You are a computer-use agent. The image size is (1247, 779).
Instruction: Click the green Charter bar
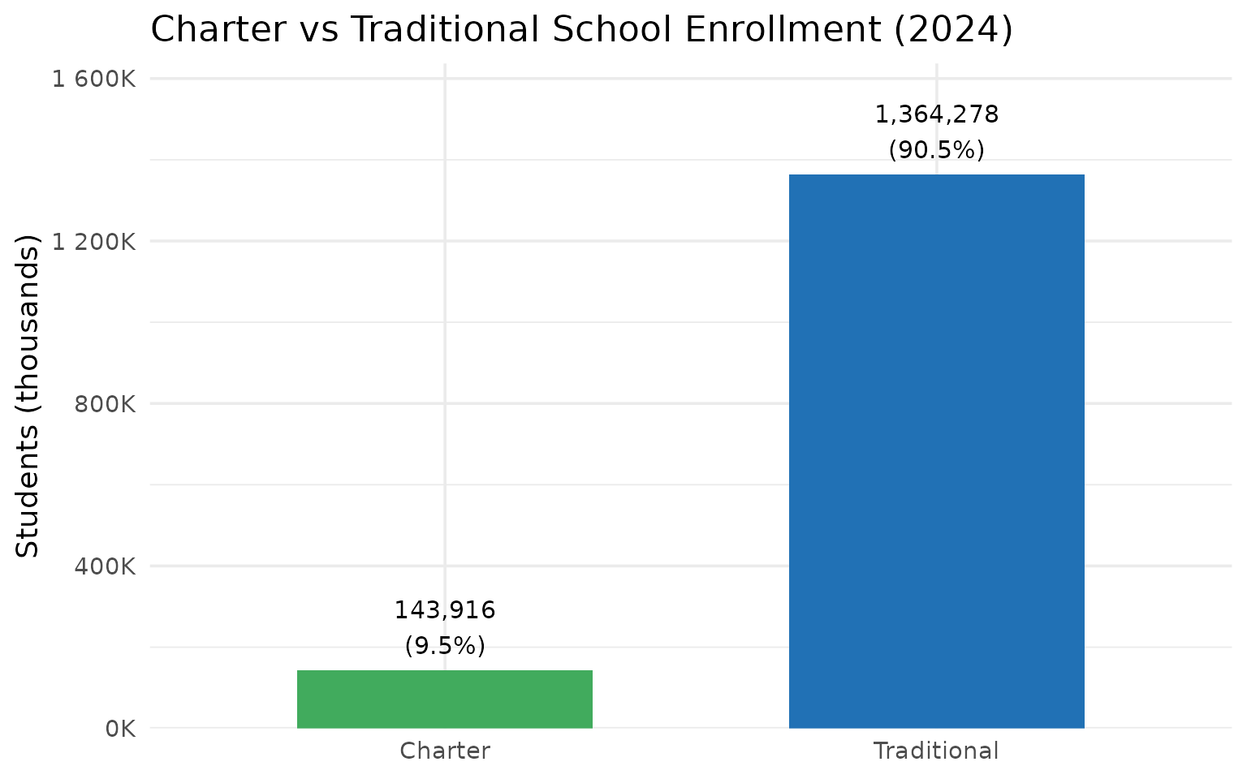coord(444,699)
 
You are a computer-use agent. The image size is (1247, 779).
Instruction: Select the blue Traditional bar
coord(936,451)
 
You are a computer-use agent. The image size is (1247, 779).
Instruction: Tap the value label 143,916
coord(444,610)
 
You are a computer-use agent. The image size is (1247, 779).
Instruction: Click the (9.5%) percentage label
coord(444,646)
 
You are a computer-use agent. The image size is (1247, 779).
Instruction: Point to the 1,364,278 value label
coord(936,115)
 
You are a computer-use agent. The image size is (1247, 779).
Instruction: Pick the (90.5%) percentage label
coord(936,150)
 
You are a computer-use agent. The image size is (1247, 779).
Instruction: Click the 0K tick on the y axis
coord(120,729)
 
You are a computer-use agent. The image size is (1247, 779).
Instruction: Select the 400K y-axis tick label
coord(105,566)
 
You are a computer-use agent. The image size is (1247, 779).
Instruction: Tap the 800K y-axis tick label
coord(105,404)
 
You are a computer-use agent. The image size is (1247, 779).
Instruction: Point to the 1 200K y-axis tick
coord(93,242)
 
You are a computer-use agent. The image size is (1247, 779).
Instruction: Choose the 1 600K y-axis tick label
coord(93,80)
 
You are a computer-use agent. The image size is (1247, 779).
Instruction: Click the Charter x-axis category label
coord(444,751)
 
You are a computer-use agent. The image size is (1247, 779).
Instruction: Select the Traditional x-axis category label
coord(936,751)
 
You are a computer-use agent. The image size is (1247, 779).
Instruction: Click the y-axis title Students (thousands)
coord(28,396)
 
